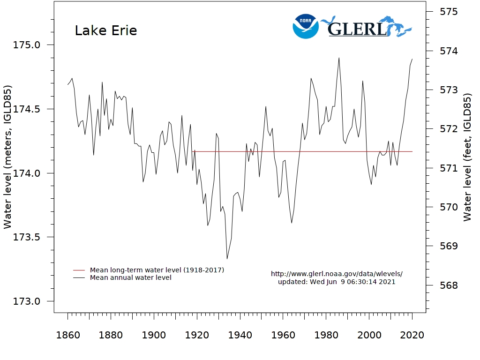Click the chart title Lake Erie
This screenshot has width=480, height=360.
click(x=106, y=31)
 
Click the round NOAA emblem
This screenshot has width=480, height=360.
click(x=306, y=26)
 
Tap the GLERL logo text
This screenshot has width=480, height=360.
click(x=357, y=29)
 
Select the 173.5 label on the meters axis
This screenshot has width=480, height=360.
click(x=27, y=238)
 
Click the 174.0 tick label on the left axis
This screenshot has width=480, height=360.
click(x=27, y=173)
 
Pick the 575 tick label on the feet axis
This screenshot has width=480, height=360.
click(x=448, y=12)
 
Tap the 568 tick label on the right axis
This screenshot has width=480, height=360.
click(x=448, y=285)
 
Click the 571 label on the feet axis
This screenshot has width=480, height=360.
click(x=448, y=168)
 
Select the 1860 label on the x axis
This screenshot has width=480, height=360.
click(x=67, y=336)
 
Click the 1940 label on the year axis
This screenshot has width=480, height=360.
click(x=240, y=336)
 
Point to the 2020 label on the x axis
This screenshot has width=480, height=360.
click(x=412, y=336)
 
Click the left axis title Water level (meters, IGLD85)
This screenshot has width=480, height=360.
click(x=8, y=157)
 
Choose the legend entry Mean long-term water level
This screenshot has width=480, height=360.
click(x=157, y=270)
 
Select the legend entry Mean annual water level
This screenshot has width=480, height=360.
click(x=130, y=277)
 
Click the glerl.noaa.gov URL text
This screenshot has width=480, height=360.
click(x=337, y=274)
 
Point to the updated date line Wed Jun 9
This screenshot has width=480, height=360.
click(x=337, y=282)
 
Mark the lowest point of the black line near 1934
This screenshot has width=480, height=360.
click(x=227, y=259)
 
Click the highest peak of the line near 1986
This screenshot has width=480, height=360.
click(x=339, y=58)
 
